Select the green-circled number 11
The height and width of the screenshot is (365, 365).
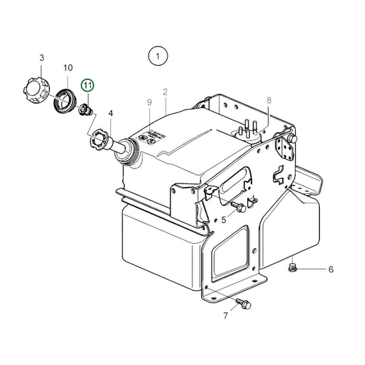(87, 86)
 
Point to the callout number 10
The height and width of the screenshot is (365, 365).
(68, 68)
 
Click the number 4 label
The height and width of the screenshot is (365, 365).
(110, 114)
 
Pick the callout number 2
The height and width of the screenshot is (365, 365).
(165, 91)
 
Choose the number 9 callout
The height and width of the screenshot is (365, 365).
(148, 102)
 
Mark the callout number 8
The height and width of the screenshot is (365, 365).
(269, 100)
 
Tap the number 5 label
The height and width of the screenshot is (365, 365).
(223, 219)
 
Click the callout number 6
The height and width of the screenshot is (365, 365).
(331, 269)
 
